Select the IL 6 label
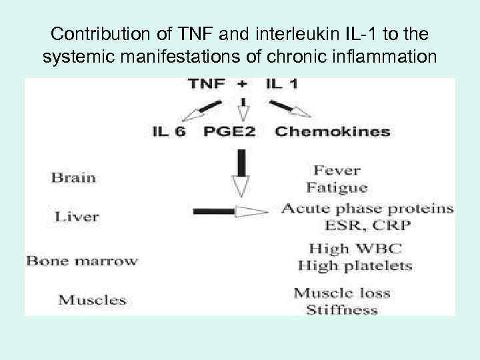click(169, 131)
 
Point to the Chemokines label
click(333, 131)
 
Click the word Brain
click(73, 177)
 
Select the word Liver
click(77, 216)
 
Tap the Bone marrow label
click(82, 261)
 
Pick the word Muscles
click(92, 299)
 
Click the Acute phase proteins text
click(367, 209)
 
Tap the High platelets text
click(355, 265)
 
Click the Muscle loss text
click(342, 293)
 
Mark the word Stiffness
click(342, 309)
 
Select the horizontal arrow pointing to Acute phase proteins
click(230, 211)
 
